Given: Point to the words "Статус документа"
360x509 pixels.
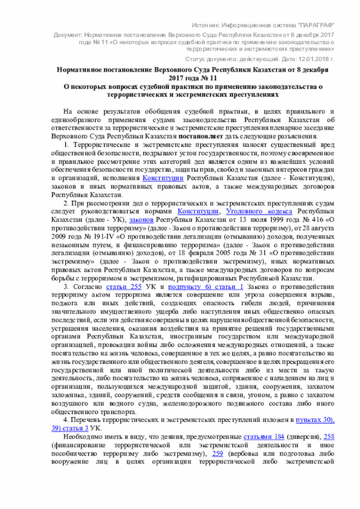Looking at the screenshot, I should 209,58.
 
